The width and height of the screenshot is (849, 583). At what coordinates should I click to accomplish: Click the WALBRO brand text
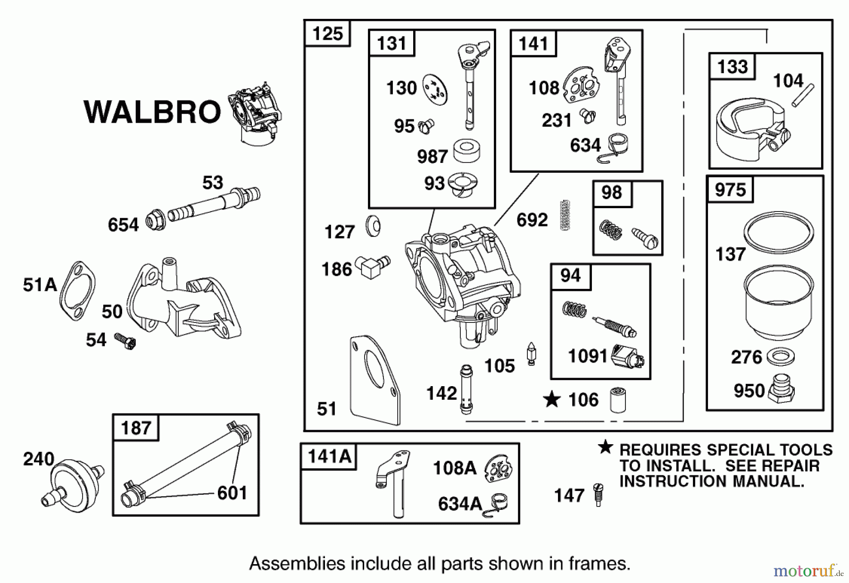(x=152, y=112)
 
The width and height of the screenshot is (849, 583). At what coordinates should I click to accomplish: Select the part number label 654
(x=123, y=225)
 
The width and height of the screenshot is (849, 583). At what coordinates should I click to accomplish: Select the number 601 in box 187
(x=232, y=493)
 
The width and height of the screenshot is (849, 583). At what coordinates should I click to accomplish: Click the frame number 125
(x=327, y=34)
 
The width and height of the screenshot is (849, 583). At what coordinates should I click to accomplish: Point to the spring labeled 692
(x=565, y=215)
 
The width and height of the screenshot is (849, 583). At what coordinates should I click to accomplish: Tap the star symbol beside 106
(x=551, y=400)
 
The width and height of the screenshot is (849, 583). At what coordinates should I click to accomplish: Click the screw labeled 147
(x=598, y=495)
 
